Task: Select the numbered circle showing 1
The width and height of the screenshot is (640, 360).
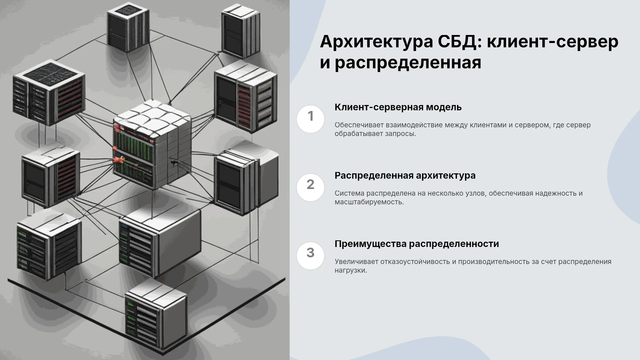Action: [310, 119]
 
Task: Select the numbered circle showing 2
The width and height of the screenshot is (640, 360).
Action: [310, 187]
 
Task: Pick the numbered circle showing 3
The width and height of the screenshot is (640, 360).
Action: [310, 256]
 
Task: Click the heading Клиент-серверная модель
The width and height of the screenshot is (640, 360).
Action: [398, 107]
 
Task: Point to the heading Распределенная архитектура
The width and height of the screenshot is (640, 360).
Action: [405, 176]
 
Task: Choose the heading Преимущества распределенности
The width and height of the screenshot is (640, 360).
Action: [417, 244]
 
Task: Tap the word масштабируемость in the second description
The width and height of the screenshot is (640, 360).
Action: [369, 202]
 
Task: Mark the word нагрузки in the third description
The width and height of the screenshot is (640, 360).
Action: [351, 271]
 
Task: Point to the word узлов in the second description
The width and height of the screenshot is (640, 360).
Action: [470, 193]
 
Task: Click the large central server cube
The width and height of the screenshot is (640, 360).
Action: [152, 144]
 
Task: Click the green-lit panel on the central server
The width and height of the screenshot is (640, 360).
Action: [133, 145]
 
